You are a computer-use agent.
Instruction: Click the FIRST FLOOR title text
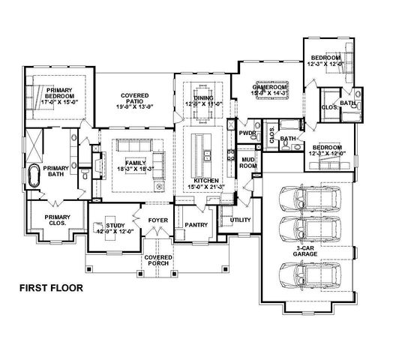tap(51, 286)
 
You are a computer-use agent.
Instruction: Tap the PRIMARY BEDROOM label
tap(52, 94)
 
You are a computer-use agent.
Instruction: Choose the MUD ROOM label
tap(248, 163)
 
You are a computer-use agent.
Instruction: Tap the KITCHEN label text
tap(205, 181)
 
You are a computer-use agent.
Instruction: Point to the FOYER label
tap(158, 221)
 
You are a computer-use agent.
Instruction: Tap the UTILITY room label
tap(240, 220)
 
